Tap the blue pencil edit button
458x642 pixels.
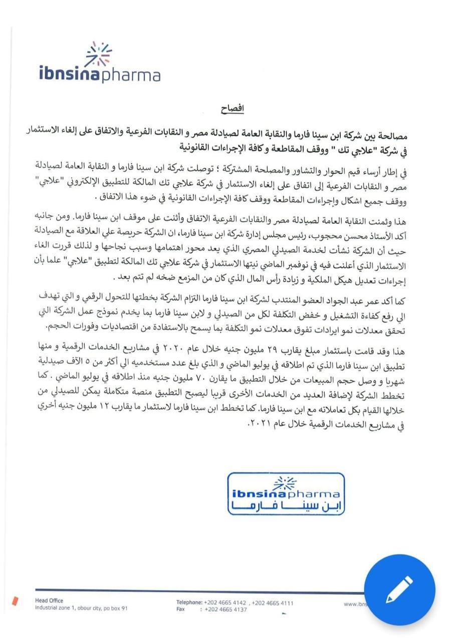click(399, 589)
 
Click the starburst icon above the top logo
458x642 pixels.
click(99, 54)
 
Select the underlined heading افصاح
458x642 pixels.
click(233, 109)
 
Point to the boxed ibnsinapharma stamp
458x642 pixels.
click(286, 494)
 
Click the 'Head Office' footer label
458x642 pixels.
click(49, 601)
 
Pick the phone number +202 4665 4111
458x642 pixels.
click(273, 603)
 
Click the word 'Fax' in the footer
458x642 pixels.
click(181, 609)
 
